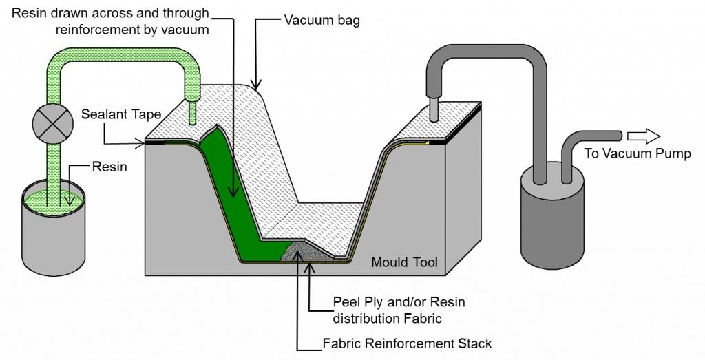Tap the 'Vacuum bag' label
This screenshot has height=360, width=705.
[x=322, y=21]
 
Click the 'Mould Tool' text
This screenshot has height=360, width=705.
[x=404, y=262]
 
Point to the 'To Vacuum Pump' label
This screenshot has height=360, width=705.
[x=637, y=153]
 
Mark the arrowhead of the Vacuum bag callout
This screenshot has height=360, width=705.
[x=256, y=89]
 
